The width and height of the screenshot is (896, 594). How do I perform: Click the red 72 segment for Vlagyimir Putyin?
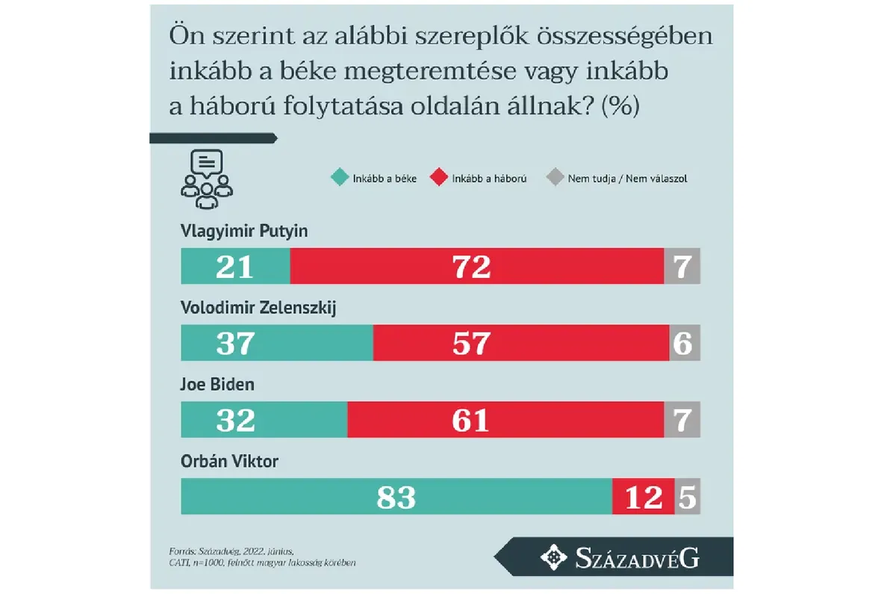[x=476, y=266]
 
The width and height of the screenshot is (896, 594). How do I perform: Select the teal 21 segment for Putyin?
[x=235, y=266]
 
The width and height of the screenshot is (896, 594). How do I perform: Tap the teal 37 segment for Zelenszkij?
[x=276, y=343]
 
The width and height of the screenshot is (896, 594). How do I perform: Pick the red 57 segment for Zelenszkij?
[x=520, y=343]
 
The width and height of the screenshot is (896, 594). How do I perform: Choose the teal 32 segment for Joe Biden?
[x=264, y=420]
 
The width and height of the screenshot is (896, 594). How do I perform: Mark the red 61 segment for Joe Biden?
[x=505, y=420]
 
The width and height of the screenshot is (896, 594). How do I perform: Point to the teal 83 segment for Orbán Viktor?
[x=396, y=497]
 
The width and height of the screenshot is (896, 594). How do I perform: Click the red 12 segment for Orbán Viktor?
[x=643, y=497]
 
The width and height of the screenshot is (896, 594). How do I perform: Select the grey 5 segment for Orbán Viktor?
[x=688, y=497]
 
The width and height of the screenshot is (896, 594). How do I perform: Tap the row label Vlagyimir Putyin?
[x=244, y=231]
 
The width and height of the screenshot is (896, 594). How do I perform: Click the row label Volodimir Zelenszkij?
[x=258, y=308]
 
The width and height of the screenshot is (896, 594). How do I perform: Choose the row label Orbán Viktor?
[x=229, y=462]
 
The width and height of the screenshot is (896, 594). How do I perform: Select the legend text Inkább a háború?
[x=490, y=179]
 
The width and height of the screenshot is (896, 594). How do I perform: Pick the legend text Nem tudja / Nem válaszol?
[x=627, y=179]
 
